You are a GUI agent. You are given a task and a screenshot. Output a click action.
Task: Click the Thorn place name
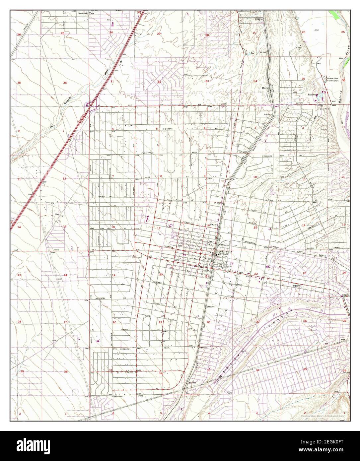(265, 88)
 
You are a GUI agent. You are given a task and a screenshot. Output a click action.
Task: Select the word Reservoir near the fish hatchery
(312, 95)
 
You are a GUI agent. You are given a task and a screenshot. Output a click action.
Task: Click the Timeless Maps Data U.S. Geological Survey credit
(323, 415)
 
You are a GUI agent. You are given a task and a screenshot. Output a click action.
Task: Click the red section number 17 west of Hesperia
(159, 228)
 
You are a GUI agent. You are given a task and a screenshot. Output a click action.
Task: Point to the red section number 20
(161, 275)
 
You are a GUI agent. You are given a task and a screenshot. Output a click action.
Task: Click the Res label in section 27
(252, 53)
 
